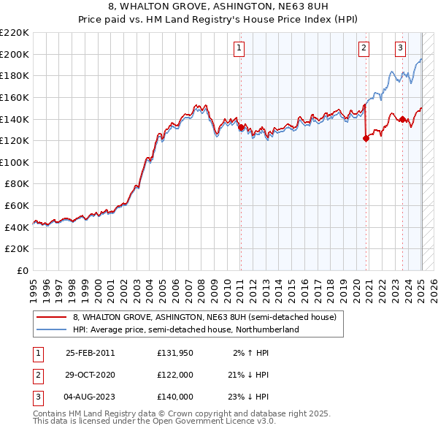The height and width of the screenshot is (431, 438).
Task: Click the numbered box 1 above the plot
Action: [239, 49]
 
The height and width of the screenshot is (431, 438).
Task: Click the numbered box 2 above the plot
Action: [364, 49]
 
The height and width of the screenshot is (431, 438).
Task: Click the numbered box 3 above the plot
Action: [401, 49]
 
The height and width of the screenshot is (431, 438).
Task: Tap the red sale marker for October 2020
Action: [366, 138]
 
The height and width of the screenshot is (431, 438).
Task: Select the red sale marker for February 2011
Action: [242, 127]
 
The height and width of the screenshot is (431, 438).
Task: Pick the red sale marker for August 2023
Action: [402, 118]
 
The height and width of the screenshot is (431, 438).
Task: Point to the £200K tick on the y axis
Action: [16, 54]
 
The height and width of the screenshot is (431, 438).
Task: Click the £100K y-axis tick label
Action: [16, 162]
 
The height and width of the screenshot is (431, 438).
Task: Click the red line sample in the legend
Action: [51, 318]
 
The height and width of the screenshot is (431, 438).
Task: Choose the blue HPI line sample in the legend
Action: [51, 329]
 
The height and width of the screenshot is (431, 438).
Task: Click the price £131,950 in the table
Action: [175, 353]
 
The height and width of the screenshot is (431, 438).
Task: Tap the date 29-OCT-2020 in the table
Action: [91, 375]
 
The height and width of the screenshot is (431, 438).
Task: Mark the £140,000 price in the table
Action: [175, 397]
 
